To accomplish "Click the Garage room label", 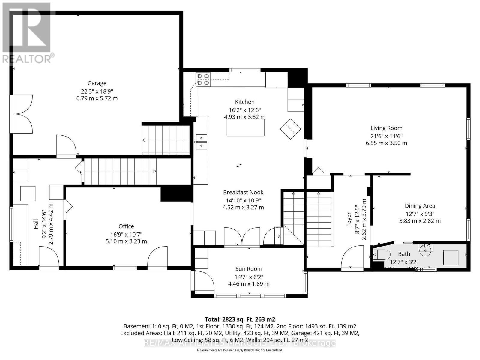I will click(97, 83).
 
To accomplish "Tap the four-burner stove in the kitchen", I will click(203, 79).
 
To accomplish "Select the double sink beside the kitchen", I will click(201, 142).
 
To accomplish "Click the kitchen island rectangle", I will click(246, 127).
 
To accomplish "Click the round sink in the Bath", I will click(426, 250).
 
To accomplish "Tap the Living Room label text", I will click(386, 128).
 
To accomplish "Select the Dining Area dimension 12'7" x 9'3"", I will click(420, 214).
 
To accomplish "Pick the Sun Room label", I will click(249, 269).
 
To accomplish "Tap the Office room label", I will click(126, 226).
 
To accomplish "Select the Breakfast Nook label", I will click(243, 192).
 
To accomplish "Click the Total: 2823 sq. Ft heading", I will click(240, 319).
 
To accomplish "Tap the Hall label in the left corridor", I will click(36, 224).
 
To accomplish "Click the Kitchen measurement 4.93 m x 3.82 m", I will click(244, 117).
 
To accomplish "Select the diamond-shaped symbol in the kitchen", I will click(290, 129).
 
